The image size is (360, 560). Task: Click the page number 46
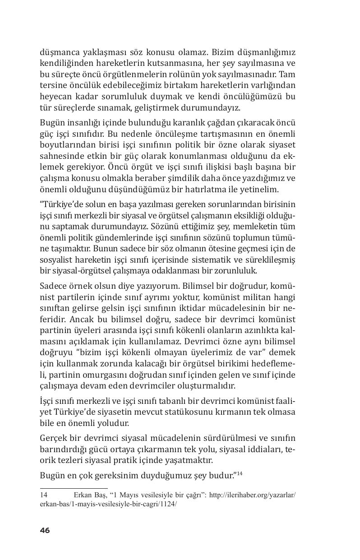[x=45, y=530]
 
